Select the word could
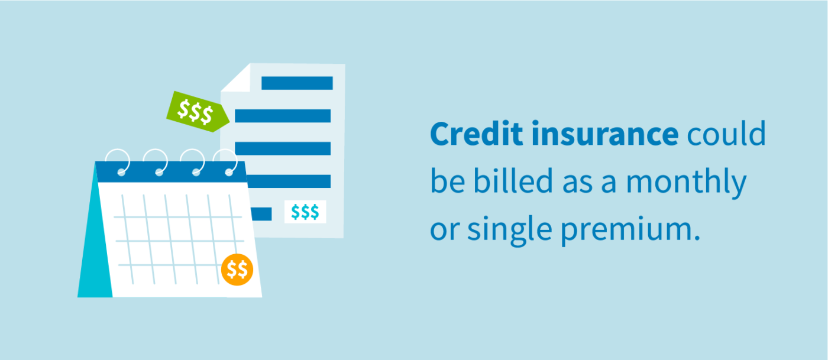point(726,135)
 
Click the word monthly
point(687,183)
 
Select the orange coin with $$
point(237,270)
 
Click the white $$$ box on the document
point(305,212)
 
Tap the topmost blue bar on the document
point(297,83)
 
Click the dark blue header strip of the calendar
point(172,172)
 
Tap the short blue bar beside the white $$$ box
point(261,213)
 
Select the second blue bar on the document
point(283,116)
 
